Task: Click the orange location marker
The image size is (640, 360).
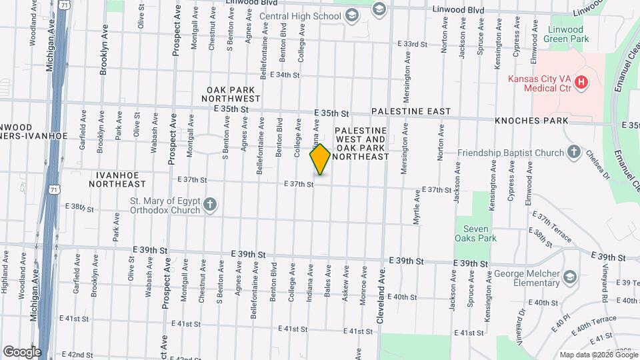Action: pos(320,159)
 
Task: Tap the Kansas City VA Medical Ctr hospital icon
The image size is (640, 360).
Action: pos(581,83)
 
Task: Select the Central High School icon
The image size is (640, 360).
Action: pos(379,9)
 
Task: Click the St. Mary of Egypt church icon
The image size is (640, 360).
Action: pos(210,204)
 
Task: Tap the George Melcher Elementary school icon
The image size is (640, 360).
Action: pos(569,275)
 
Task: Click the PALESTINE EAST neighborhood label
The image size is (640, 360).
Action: pos(411,111)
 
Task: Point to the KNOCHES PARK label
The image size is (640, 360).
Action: pos(531,121)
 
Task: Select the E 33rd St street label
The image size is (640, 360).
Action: pos(412,44)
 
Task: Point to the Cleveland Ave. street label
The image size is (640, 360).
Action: pos(382,296)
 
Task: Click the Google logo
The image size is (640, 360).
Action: pos(22,351)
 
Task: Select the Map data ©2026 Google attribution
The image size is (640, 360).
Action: pos(598,355)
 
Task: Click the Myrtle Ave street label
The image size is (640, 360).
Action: pos(417,207)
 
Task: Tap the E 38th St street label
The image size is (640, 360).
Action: pos(79,207)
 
